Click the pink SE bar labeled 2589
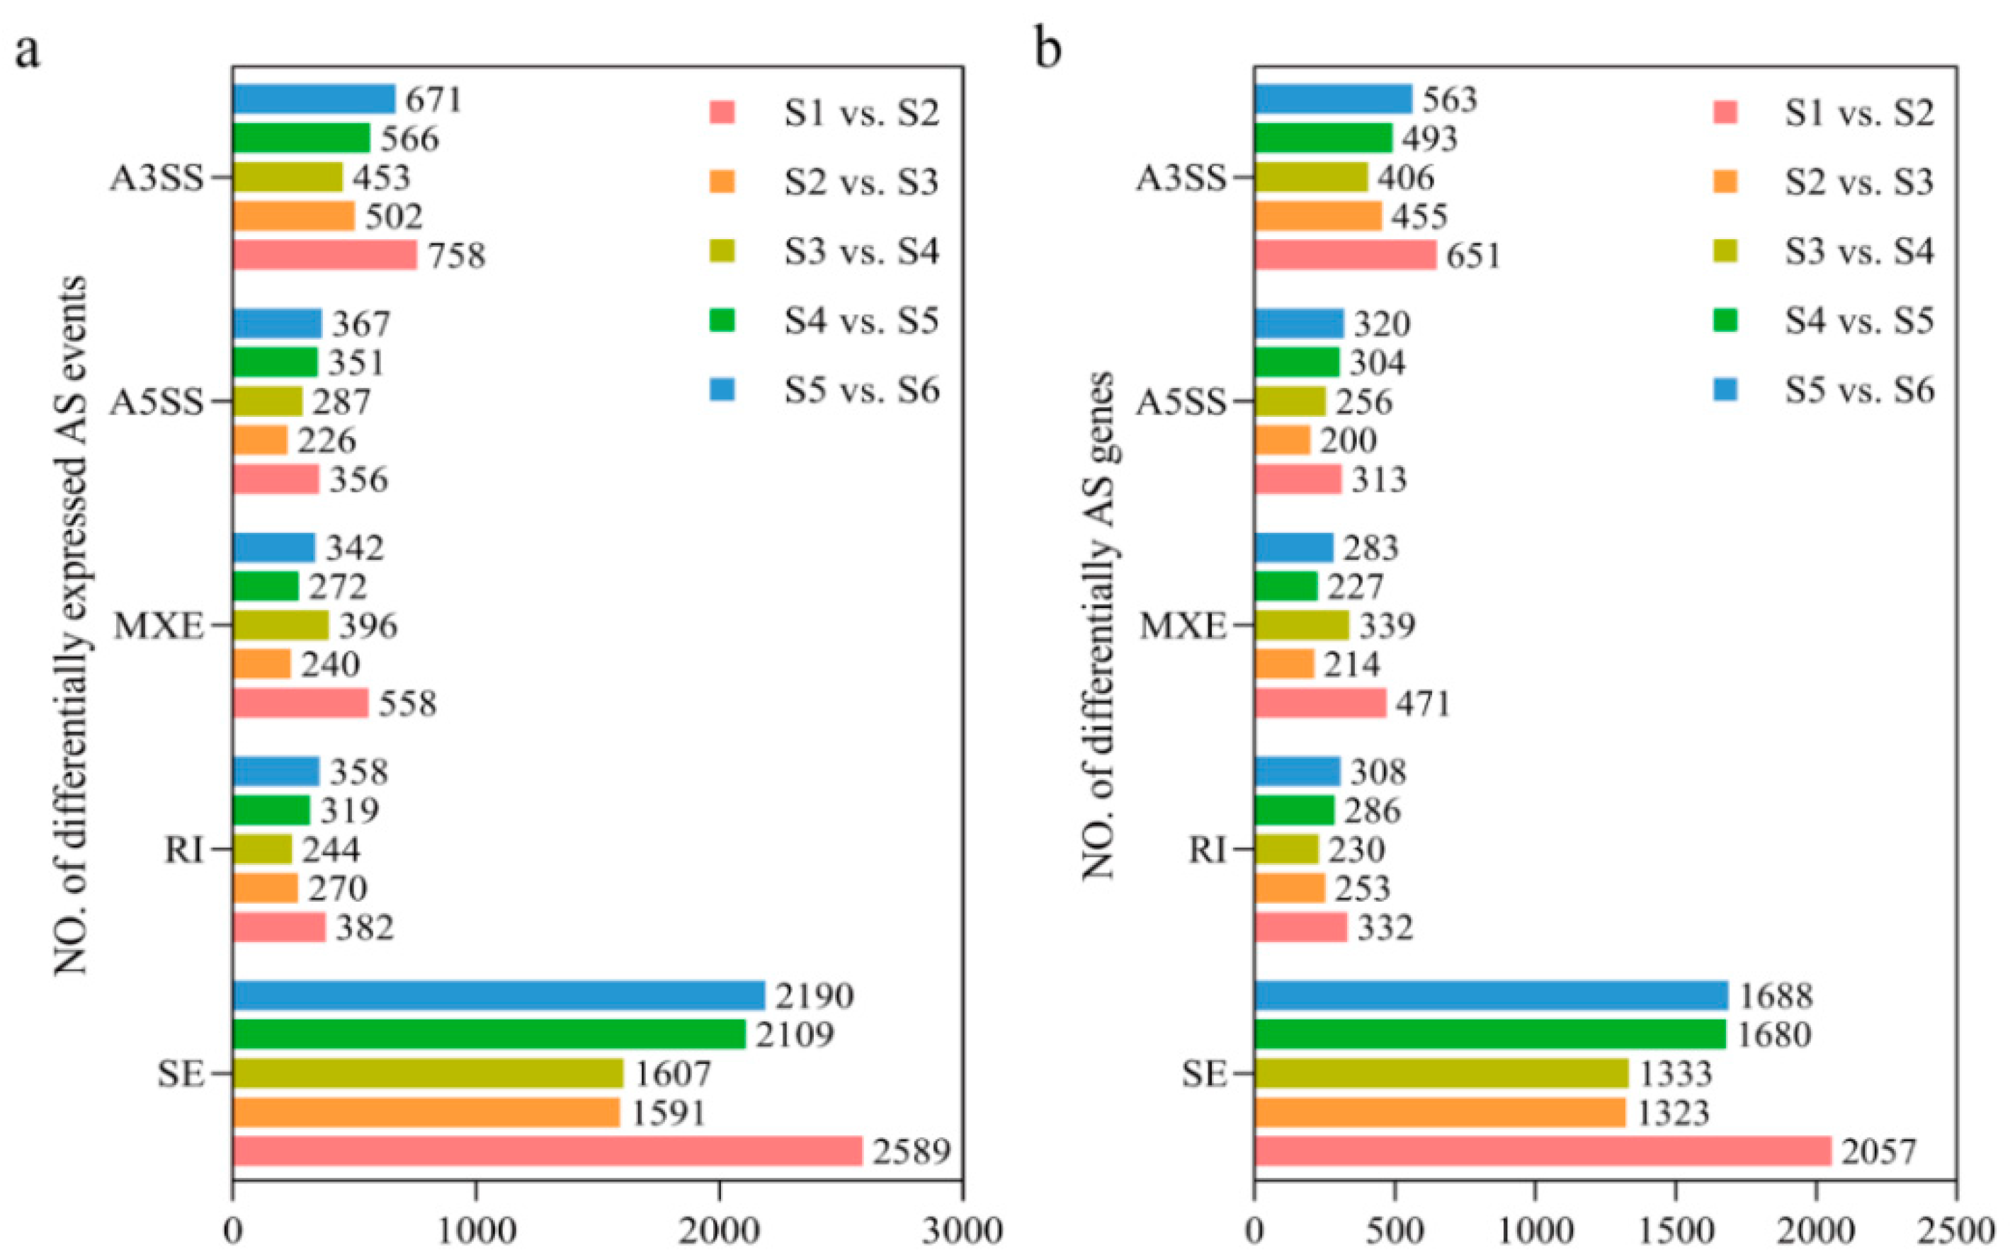tap(547, 1151)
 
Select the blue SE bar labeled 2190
tap(499, 995)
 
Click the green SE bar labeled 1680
tap(1489, 1034)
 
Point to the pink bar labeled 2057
tap(1543, 1151)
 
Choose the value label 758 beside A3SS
tap(457, 255)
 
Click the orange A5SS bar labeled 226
tap(260, 440)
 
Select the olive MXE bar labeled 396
tap(280, 625)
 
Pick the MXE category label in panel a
tap(159, 626)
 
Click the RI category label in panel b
tap(1207, 850)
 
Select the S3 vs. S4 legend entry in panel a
tap(861, 251)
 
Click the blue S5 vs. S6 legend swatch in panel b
tap(1725, 389)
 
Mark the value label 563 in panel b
tap(1450, 99)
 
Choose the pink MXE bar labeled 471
tap(1319, 702)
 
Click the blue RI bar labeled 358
tap(276, 771)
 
